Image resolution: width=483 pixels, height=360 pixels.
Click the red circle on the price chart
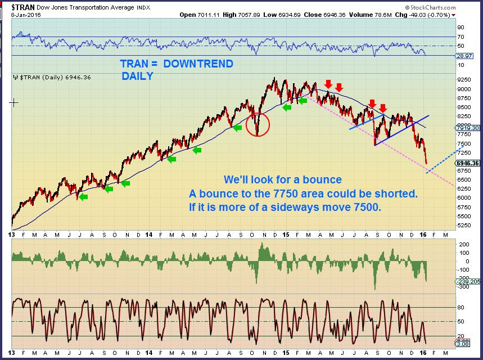(258, 123)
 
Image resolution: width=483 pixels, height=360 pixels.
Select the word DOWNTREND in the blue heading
(198, 64)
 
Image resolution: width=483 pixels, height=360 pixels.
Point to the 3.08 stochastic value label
(463, 342)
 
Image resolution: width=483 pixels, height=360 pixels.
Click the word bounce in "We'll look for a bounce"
(323, 181)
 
